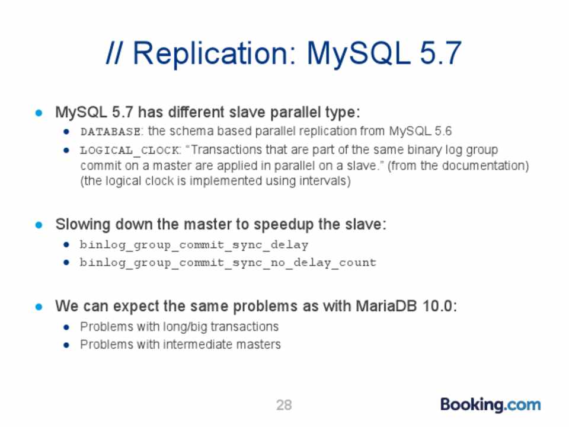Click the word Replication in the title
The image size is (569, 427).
(x=211, y=55)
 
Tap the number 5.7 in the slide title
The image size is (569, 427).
(x=440, y=53)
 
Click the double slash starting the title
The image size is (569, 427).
(x=114, y=53)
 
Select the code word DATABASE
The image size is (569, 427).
(x=110, y=132)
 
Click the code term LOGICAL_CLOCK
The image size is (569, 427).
(x=130, y=150)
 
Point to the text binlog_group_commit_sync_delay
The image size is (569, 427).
(x=194, y=245)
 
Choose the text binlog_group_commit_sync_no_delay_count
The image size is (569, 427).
(x=228, y=263)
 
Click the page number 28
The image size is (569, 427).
(x=284, y=405)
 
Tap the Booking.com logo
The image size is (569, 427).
(x=490, y=405)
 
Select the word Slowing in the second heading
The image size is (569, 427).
(x=83, y=225)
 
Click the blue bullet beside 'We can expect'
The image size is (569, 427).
(x=39, y=307)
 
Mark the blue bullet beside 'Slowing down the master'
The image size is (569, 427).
(x=39, y=225)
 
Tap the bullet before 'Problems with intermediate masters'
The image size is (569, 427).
(x=66, y=345)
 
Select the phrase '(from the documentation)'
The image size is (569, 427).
(x=458, y=166)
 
